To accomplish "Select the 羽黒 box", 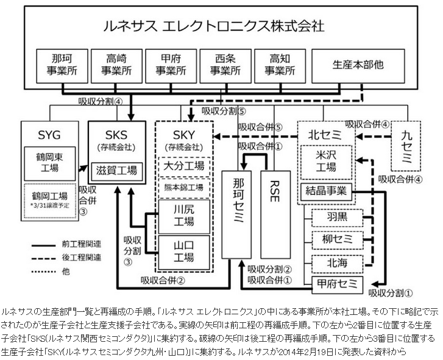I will point(336,217).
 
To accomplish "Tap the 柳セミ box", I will point(336,239).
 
